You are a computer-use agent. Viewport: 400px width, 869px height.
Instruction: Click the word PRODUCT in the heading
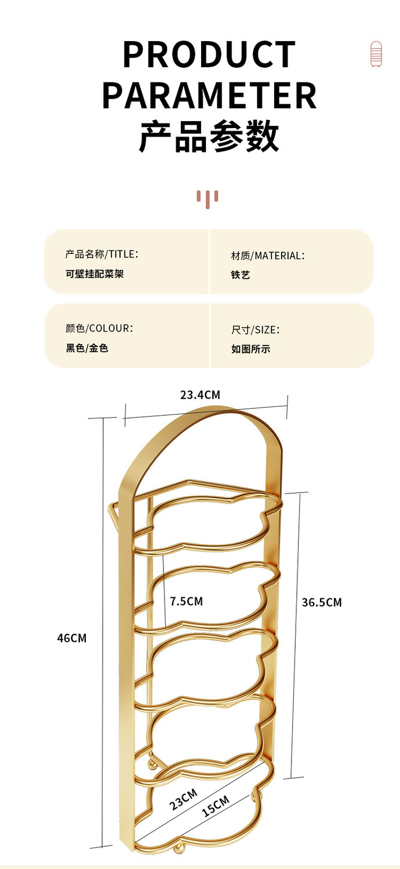click(209, 54)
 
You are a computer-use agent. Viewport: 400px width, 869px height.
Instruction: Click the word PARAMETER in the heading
click(209, 96)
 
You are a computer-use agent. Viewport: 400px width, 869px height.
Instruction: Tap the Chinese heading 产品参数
click(209, 136)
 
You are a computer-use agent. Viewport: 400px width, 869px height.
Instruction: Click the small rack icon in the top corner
click(376, 54)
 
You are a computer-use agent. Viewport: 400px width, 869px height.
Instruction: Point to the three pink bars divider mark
click(207, 198)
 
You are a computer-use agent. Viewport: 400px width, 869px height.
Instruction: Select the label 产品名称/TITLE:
click(101, 254)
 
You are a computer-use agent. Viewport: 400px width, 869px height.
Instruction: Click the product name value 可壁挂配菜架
click(94, 274)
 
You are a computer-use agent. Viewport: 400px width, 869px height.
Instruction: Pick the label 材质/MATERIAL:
click(267, 255)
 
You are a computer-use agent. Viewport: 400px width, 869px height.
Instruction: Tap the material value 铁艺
click(240, 275)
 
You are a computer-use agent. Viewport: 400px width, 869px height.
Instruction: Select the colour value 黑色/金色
click(87, 348)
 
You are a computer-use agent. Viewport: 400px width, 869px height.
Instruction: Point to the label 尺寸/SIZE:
click(255, 329)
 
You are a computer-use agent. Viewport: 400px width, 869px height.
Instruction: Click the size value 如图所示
click(250, 349)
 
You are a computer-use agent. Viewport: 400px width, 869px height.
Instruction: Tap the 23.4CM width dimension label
click(200, 395)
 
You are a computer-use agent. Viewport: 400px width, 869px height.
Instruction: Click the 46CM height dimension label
click(71, 638)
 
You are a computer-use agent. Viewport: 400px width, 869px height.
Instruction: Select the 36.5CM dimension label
click(322, 602)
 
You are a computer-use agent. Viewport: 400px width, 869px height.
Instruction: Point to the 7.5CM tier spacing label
click(186, 601)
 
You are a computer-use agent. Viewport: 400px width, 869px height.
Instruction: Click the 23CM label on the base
click(183, 799)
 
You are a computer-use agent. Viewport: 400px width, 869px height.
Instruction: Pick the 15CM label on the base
click(215, 806)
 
